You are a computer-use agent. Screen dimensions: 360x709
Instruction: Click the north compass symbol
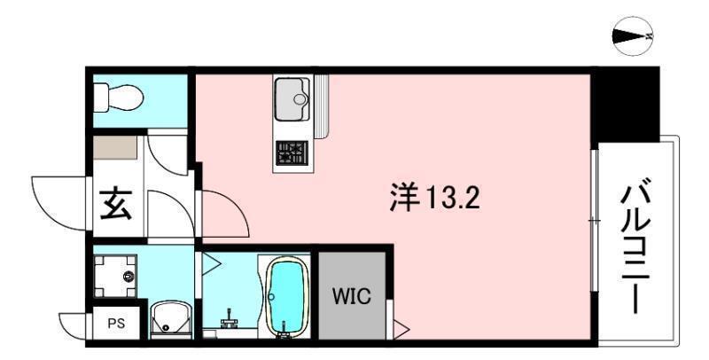tap(632, 36)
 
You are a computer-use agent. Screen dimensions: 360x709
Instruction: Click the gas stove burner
tap(289, 154)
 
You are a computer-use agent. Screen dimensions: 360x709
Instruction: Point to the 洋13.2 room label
tap(434, 196)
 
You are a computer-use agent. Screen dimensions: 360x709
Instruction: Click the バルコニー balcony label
tap(631, 247)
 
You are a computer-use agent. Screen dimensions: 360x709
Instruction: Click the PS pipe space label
tap(116, 323)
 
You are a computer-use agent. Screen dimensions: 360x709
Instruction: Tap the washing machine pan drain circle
tap(129, 276)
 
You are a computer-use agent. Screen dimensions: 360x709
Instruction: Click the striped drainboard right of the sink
tap(321, 105)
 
